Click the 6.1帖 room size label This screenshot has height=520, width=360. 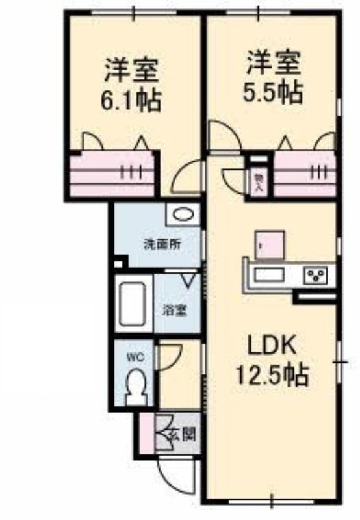(131, 100)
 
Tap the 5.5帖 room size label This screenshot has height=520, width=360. (273, 92)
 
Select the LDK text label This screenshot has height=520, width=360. (272, 346)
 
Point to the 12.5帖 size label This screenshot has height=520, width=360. (272, 375)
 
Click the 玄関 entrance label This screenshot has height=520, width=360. (182, 433)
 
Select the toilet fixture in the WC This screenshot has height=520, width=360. (136, 387)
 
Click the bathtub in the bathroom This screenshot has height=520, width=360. (133, 304)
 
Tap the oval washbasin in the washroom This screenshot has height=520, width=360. (183, 214)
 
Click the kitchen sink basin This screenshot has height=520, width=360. (269, 275)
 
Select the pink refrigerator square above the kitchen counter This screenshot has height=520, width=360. (270, 245)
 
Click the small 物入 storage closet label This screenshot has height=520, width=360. (258, 183)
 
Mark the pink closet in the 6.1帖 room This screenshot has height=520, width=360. (112, 174)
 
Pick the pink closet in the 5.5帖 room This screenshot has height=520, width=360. (305, 174)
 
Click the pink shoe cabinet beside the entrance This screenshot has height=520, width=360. (147, 434)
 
